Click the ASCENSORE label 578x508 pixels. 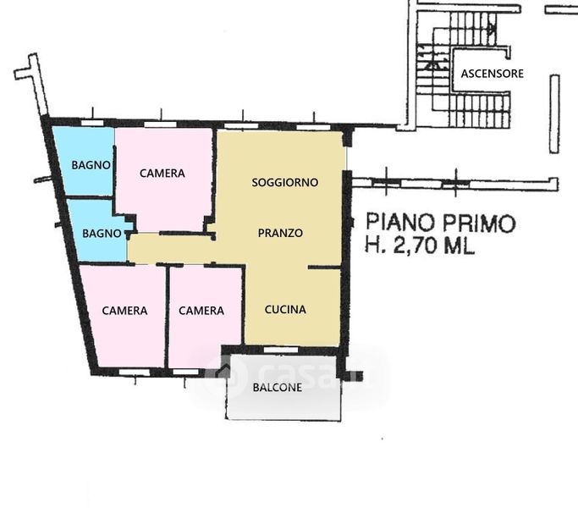pos(493,74)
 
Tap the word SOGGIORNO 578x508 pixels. pos(285,182)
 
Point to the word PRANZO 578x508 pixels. pos(280,233)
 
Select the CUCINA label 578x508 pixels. pos(285,309)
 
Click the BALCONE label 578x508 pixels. pos(278,388)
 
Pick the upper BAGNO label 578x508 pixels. pos(91,165)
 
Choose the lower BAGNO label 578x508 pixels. pos(102,233)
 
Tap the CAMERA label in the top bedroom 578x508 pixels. pos(162,173)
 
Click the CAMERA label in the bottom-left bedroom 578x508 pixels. pos(124,311)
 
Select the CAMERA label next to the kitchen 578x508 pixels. pos(201,311)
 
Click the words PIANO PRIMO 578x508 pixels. pos(441,223)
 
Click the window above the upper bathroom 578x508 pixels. pos(92,123)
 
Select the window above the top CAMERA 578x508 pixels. pos(160,124)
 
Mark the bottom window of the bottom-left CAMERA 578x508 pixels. pos(135,373)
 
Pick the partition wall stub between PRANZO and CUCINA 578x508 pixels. pos(324,267)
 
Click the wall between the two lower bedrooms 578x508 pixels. pos(168,317)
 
